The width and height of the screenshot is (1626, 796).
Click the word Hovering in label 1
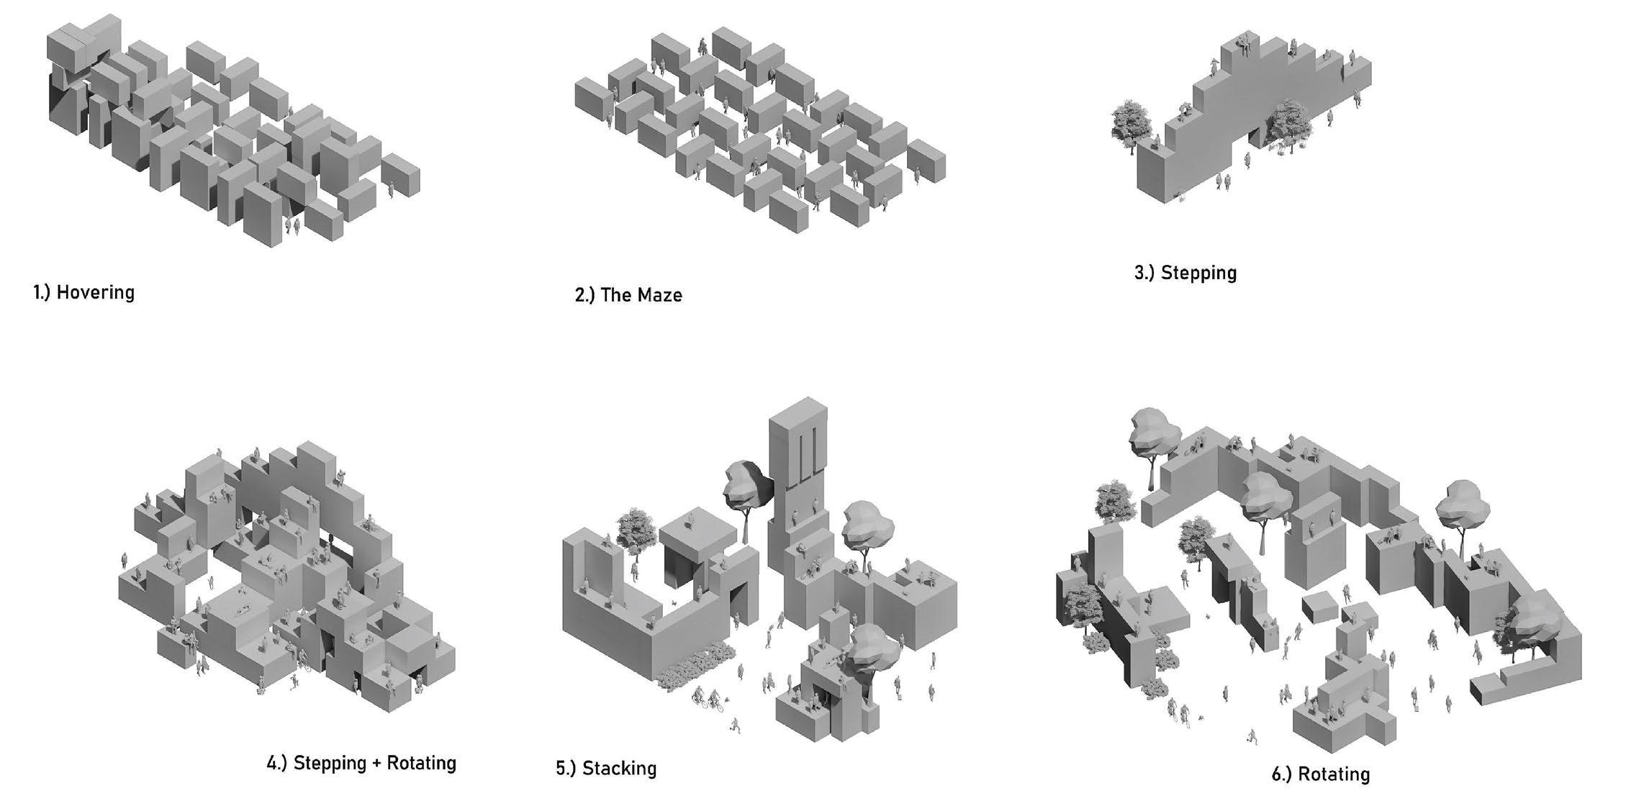click(95, 293)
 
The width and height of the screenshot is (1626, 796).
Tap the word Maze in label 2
click(660, 295)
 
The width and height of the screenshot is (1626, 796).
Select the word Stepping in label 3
click(1198, 273)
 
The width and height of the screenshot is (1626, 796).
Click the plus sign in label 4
click(376, 763)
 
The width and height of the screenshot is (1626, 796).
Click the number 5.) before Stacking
click(566, 768)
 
